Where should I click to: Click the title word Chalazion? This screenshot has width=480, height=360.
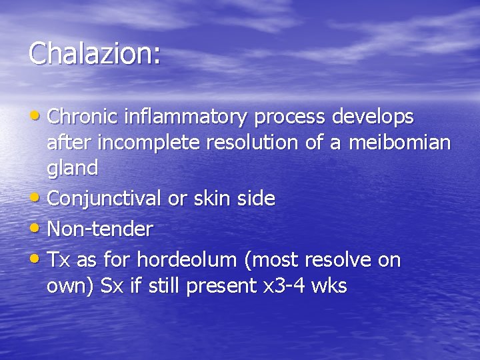tap(94, 53)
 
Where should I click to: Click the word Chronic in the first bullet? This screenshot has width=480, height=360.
tap(83, 117)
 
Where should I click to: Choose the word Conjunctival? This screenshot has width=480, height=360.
tap(105, 198)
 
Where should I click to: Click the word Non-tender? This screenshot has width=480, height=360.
tap(100, 229)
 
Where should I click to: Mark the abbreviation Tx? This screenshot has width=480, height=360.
tap(59, 260)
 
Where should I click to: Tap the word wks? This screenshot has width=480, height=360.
tap(330, 285)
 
